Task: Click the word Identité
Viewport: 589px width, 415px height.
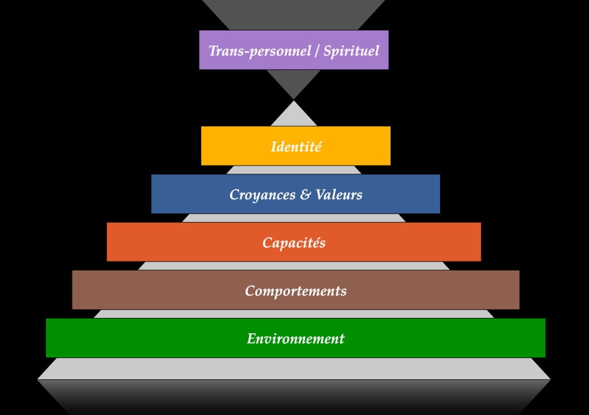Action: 296,147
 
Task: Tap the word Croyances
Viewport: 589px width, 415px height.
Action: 262,195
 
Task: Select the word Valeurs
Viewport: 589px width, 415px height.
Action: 339,194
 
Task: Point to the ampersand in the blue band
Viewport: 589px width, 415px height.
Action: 305,194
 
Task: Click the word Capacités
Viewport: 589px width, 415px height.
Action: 294,243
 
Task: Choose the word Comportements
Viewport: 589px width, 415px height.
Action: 296,291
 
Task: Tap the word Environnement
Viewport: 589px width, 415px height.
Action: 296,339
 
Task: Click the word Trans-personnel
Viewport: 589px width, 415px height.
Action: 260,51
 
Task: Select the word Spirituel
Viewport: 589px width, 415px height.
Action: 351,51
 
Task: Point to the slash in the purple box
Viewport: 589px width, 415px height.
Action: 317,51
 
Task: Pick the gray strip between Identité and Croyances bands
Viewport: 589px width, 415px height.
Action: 294,170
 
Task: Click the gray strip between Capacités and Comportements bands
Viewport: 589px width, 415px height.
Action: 294,266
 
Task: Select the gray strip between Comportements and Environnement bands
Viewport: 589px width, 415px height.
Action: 294,314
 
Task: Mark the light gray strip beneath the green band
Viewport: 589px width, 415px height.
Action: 294,369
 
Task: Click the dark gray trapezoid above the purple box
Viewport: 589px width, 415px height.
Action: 294,15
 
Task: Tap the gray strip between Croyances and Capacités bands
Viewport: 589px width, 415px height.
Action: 294,218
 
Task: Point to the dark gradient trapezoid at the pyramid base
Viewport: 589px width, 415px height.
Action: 294,397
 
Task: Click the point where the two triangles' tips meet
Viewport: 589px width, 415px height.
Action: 294,100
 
